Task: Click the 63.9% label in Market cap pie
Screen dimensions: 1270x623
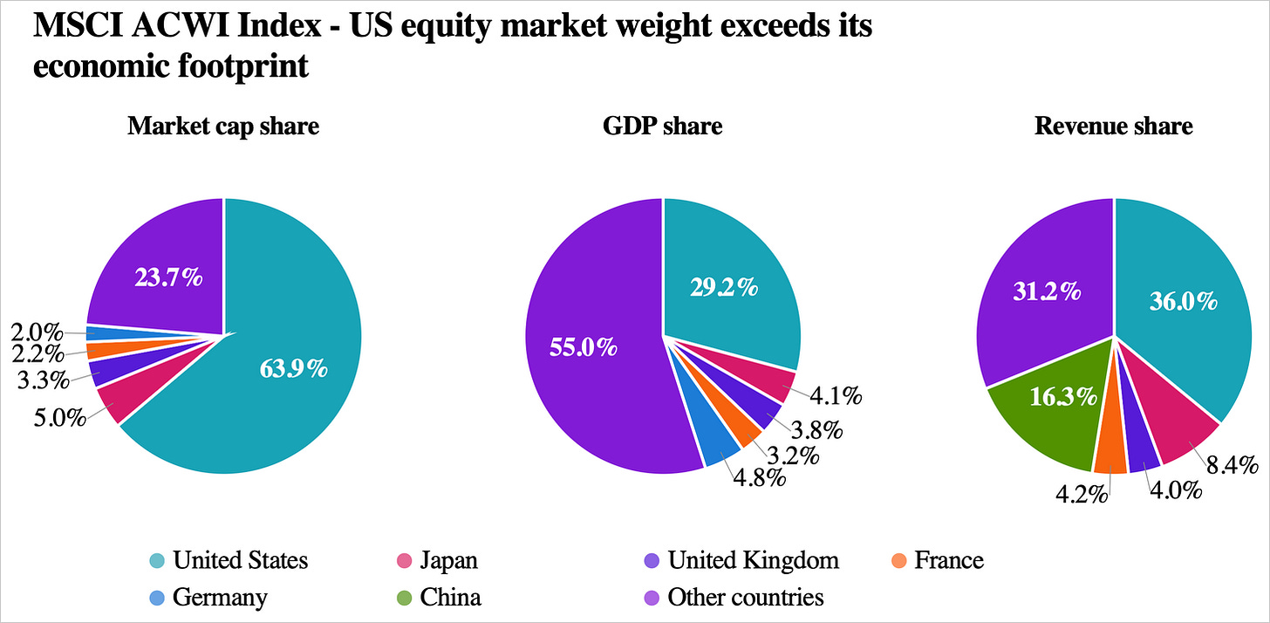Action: (294, 369)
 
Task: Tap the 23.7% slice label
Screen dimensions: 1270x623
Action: (168, 277)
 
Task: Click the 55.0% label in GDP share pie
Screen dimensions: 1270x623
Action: (584, 346)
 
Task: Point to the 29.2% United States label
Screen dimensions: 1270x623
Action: (724, 288)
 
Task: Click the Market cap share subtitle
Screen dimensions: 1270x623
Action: (223, 126)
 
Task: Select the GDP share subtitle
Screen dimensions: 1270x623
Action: (662, 126)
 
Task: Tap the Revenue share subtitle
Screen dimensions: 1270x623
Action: (1114, 126)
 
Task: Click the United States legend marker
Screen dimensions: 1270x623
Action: (157, 560)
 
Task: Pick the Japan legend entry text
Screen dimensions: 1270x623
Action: (448, 560)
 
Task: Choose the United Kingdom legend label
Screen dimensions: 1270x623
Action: (753, 560)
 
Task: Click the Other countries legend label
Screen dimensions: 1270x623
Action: (746, 598)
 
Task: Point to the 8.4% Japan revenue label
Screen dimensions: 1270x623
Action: (1232, 465)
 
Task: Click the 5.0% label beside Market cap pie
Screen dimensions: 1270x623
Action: (60, 418)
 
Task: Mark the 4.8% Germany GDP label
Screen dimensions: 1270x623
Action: (760, 478)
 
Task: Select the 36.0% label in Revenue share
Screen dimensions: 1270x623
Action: (1184, 301)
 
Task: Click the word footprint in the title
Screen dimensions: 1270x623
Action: (243, 66)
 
